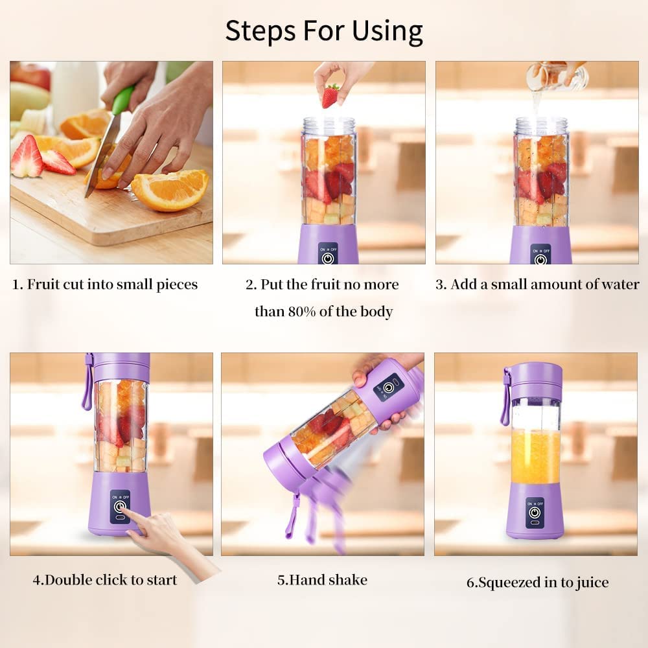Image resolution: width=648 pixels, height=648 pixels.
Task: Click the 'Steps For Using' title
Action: tap(324, 30)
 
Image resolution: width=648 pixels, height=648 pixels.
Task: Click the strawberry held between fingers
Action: tap(330, 96)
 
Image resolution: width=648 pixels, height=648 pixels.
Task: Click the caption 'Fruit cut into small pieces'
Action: tap(105, 284)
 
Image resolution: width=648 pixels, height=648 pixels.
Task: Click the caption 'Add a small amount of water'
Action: tap(537, 284)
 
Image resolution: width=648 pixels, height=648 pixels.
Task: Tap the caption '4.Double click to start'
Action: tap(105, 579)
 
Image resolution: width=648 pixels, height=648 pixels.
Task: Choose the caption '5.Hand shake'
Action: tap(322, 579)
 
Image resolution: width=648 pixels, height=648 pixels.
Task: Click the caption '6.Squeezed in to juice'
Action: tap(537, 582)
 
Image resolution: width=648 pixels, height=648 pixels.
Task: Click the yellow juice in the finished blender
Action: tap(535, 457)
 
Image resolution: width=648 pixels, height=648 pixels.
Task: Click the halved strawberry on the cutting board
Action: tap(27, 158)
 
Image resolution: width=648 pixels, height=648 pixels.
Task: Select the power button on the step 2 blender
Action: tap(328, 258)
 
